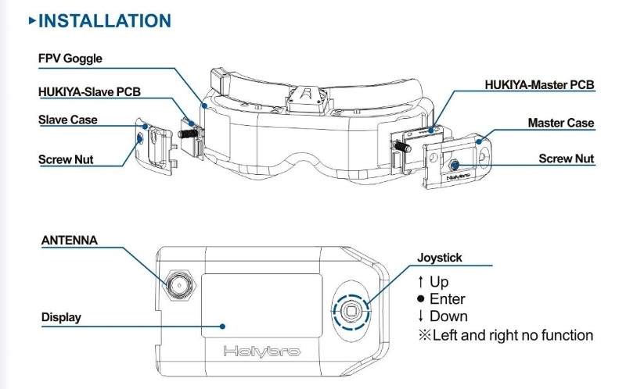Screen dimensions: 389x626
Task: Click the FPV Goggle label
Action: [70, 59]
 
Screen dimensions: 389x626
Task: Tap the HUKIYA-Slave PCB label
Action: [89, 91]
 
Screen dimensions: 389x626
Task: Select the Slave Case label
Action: [68, 120]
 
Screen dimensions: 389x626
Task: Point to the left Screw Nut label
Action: [66, 159]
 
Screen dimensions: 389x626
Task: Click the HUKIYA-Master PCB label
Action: [539, 84]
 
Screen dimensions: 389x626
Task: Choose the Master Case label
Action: [560, 123]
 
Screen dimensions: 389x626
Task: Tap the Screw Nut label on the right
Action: [566, 159]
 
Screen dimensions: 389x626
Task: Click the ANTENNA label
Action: [70, 241]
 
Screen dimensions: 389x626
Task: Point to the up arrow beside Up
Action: [421, 281]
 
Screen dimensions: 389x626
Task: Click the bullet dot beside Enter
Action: [421, 299]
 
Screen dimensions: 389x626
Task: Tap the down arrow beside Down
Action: [421, 316]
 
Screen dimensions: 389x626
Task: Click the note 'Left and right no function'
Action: [505, 335]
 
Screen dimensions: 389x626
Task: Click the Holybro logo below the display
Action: [261, 351]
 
